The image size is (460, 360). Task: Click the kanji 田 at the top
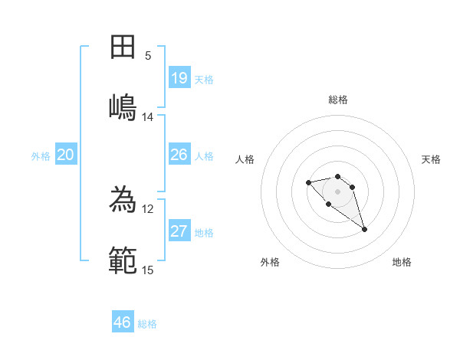tap(123, 47)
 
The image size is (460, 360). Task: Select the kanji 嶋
tap(123, 106)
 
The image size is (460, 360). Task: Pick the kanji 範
tap(123, 260)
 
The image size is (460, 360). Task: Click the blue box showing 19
tap(179, 78)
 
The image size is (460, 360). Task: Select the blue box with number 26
tap(179, 155)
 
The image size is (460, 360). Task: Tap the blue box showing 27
tap(179, 231)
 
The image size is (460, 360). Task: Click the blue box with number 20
tap(66, 155)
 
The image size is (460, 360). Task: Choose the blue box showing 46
tap(123, 322)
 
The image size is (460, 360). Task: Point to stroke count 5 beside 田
tap(148, 56)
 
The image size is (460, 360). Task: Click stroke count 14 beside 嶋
tap(148, 117)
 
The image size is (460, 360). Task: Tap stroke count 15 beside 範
tap(148, 270)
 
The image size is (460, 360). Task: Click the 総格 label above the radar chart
tap(338, 100)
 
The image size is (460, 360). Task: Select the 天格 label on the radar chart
tap(431, 159)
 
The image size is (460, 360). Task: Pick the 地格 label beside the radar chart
tap(402, 262)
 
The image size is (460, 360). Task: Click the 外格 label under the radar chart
tap(270, 262)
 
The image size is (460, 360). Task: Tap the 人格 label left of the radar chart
tap(245, 159)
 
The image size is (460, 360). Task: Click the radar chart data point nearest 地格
tap(364, 229)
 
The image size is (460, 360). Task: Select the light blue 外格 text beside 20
tap(41, 155)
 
